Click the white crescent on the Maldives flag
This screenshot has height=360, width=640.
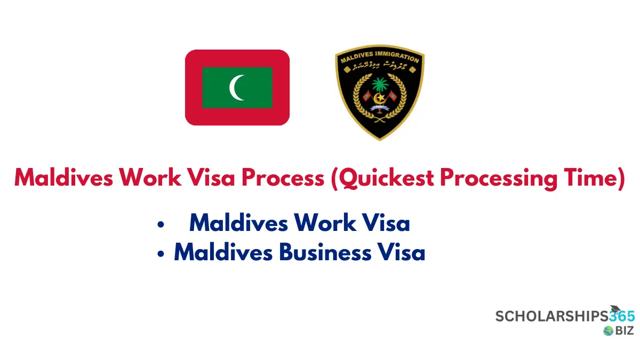point(235,87)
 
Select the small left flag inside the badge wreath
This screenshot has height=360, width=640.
point(366,97)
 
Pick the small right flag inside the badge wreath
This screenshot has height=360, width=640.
point(393,97)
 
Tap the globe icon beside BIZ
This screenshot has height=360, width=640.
point(608,331)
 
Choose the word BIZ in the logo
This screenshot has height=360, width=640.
point(625,331)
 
